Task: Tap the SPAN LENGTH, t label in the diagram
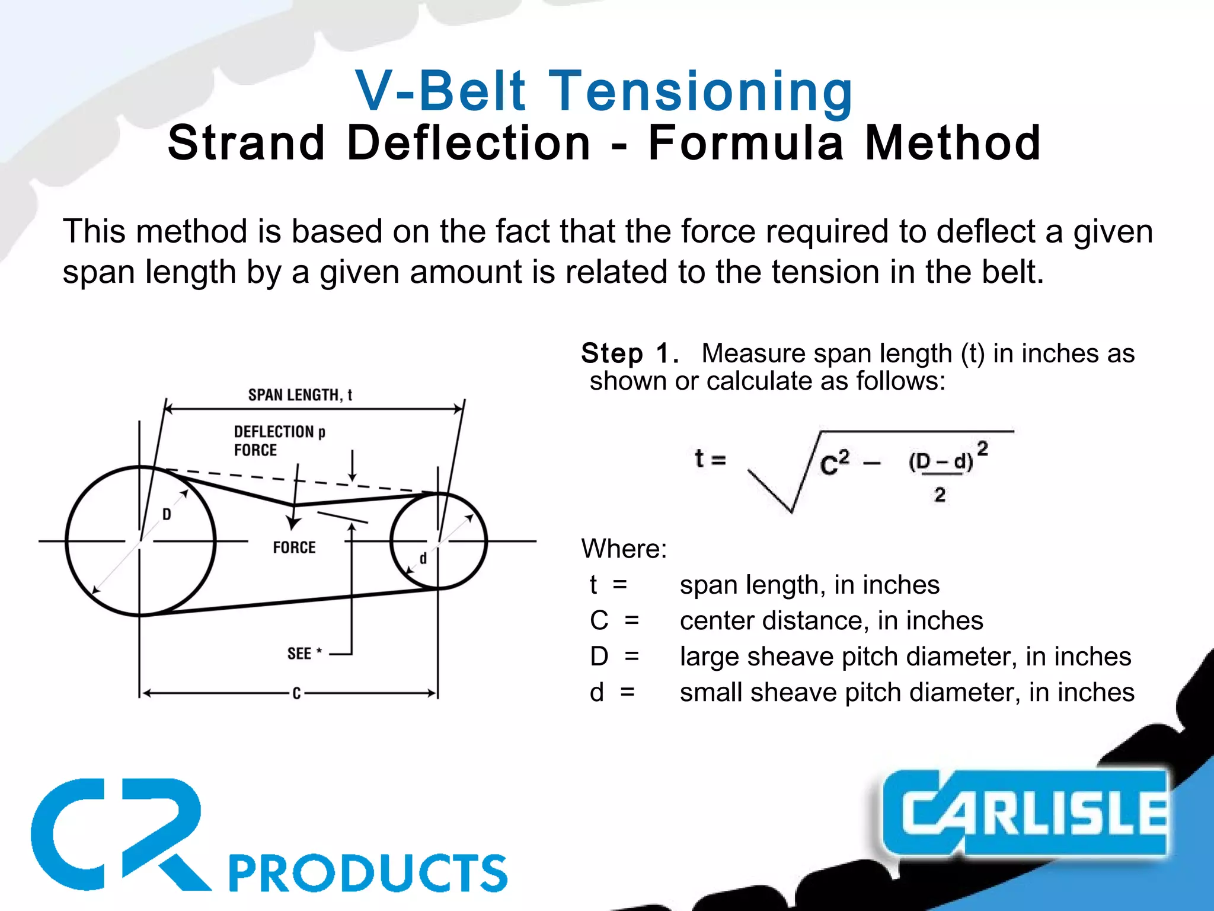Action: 300,395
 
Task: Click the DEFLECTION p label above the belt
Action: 279,432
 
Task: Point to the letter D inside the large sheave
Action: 167,514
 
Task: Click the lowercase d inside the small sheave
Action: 423,558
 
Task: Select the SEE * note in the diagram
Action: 304,654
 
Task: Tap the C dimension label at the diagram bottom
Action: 296,693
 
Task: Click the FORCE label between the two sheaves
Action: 294,547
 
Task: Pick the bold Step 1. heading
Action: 630,353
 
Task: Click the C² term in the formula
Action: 835,463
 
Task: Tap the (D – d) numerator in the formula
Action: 941,461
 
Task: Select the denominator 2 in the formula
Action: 940,495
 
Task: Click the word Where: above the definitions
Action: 624,549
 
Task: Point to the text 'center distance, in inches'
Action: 831,620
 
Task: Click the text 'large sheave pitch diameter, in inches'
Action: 905,657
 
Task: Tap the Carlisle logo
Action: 1025,813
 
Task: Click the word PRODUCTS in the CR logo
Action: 368,872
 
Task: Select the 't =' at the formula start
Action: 710,458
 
